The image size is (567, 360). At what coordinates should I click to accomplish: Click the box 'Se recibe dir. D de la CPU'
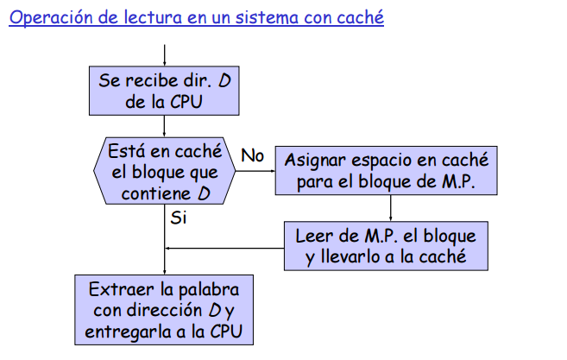163,91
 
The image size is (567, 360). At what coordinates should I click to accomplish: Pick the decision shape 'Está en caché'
164,171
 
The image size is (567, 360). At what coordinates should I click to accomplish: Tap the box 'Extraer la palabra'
163,309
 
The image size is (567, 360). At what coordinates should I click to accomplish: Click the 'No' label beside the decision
252,155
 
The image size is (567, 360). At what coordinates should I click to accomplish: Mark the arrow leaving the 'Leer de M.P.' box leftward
224,249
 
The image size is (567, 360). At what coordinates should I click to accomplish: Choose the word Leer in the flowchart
313,236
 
